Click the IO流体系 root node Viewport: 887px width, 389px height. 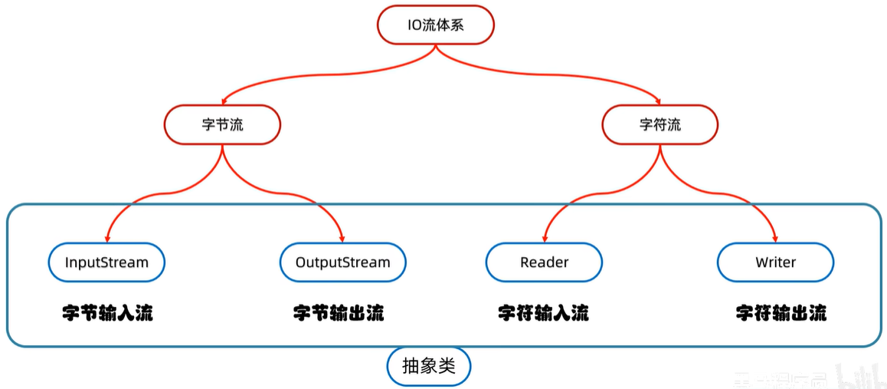[435, 25]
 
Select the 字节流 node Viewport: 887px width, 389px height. [222, 124]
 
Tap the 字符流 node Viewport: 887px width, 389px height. [660, 124]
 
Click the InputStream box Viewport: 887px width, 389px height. [106, 262]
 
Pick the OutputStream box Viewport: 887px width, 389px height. [342, 262]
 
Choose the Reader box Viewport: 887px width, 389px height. [544, 262]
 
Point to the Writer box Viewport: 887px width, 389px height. [775, 262]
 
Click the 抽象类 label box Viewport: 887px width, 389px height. [428, 367]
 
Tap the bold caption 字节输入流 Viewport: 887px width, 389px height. [107, 313]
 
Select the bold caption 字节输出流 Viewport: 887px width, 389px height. [339, 313]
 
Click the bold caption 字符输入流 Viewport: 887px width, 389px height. [543, 313]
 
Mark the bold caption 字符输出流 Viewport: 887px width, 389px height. [781, 313]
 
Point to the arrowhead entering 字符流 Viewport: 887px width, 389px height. [657, 100]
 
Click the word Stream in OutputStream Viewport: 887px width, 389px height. [365, 262]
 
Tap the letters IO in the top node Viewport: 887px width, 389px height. [414, 25]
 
